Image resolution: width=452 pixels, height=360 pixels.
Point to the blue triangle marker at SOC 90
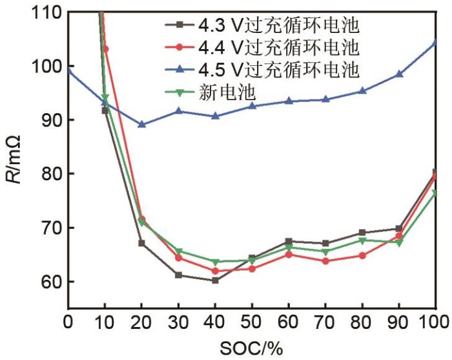399,74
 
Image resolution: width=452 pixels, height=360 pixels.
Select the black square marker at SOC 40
215,281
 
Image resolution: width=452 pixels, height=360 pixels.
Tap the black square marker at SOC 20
141,244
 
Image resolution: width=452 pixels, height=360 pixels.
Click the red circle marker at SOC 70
325,261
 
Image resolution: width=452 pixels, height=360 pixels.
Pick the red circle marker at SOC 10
105,48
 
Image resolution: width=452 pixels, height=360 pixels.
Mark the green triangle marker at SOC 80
362,240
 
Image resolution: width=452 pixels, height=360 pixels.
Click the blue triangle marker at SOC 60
289,101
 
